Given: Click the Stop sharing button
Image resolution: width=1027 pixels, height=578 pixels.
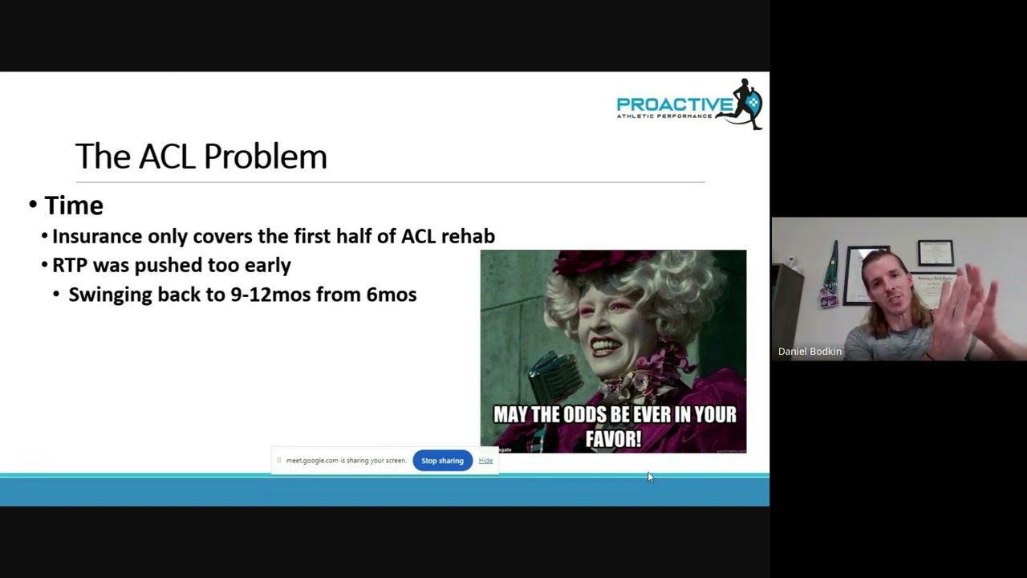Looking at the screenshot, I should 442,461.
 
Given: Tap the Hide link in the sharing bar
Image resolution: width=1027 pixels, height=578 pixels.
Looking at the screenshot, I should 485,461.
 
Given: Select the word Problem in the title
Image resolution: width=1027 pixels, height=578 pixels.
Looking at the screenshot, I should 265,157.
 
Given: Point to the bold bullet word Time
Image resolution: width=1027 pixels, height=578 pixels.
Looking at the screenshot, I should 74,206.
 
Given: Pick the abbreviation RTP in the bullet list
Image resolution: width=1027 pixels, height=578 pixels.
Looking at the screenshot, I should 70,265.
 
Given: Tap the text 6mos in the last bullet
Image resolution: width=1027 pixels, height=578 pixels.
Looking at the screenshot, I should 391,295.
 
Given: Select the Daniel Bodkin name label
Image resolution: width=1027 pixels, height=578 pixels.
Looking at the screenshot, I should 810,352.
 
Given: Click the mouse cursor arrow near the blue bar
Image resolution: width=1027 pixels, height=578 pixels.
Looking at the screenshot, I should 650,477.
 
